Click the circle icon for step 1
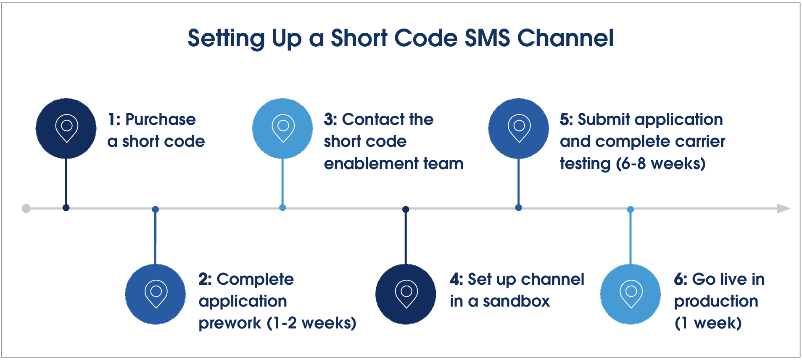[66, 128]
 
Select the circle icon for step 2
[156, 294]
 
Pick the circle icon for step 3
[282, 128]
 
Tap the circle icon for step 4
[406, 294]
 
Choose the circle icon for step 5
[518, 128]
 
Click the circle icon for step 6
[631, 294]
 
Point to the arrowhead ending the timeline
[783, 209]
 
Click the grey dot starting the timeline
[26, 209]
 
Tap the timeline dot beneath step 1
[66, 208]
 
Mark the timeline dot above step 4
[406, 209]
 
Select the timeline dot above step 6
[631, 209]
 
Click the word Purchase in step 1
[160, 120]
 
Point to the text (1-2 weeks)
[311, 323]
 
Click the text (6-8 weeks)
[660, 164]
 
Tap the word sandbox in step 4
[516, 301]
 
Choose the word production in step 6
[716, 301]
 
